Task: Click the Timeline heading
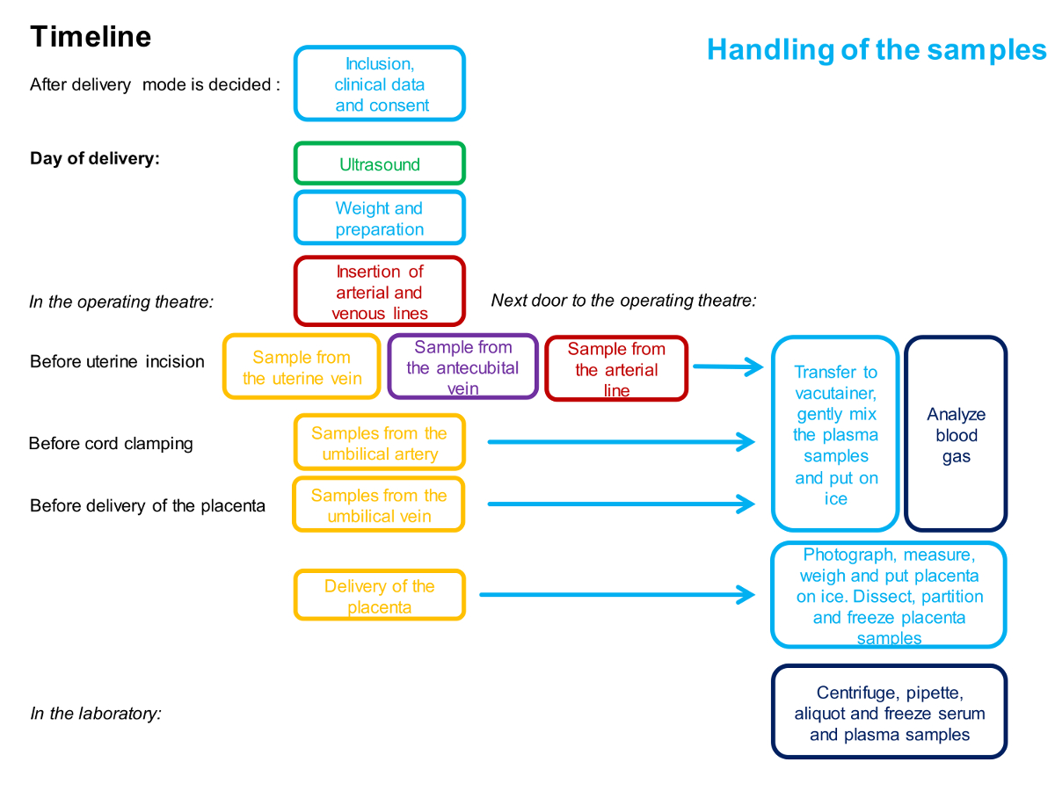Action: (91, 37)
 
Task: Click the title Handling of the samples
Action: (877, 49)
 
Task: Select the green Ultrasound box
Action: (379, 164)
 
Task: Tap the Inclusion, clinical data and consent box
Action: (379, 84)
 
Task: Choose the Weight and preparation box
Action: (379, 219)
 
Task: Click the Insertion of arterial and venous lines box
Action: (379, 292)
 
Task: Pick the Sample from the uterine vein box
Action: (302, 367)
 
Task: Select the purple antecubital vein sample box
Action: (462, 367)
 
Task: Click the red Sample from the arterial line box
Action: (616, 369)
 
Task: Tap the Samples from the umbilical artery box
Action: (379, 443)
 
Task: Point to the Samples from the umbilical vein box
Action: (379, 505)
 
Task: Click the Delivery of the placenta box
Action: (379, 596)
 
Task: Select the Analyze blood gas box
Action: (956, 434)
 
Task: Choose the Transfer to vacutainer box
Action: (835, 434)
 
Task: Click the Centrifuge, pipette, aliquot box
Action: (889, 713)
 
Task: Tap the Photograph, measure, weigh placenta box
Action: (889, 596)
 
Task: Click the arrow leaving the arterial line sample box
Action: (728, 366)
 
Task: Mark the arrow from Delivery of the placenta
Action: (615, 595)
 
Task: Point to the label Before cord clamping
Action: (111, 443)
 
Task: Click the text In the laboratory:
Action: (96, 713)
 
